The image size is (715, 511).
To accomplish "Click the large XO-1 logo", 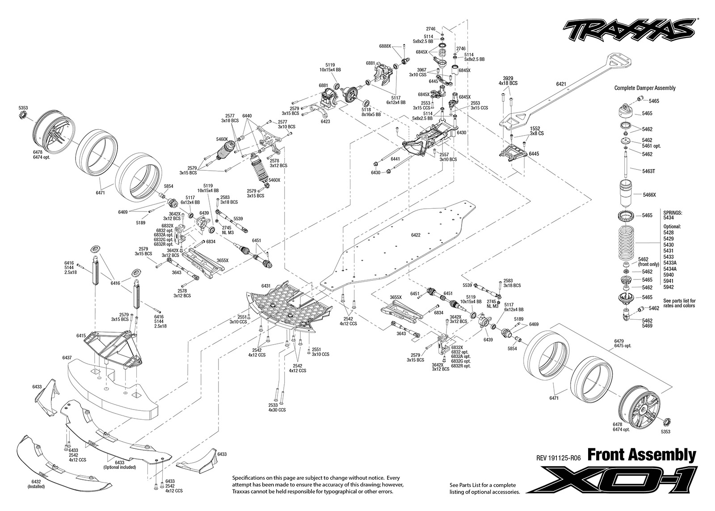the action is (611, 482).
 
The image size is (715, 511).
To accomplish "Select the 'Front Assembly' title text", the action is (641, 456).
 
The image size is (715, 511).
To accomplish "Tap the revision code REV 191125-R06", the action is (558, 458).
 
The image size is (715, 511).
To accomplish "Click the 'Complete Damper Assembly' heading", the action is (645, 88).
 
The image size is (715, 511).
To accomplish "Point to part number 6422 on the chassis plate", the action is (416, 235).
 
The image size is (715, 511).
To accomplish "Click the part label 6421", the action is (561, 84).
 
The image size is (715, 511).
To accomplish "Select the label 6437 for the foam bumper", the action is (67, 358).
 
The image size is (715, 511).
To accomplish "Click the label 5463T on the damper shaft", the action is (648, 171).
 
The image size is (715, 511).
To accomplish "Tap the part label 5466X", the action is (649, 195).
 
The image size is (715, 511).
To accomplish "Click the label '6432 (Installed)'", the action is (36, 484).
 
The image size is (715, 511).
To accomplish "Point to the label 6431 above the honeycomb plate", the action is (266, 286).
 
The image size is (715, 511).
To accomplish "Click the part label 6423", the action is (325, 122).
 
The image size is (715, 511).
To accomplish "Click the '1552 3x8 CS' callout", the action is (535, 131).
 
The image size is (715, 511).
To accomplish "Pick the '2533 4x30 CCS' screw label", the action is (277, 408).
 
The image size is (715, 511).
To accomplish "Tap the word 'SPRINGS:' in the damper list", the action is (673, 213).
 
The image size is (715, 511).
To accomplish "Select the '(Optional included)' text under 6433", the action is (120, 467).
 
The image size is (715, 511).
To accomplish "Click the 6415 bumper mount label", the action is (81, 336).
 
